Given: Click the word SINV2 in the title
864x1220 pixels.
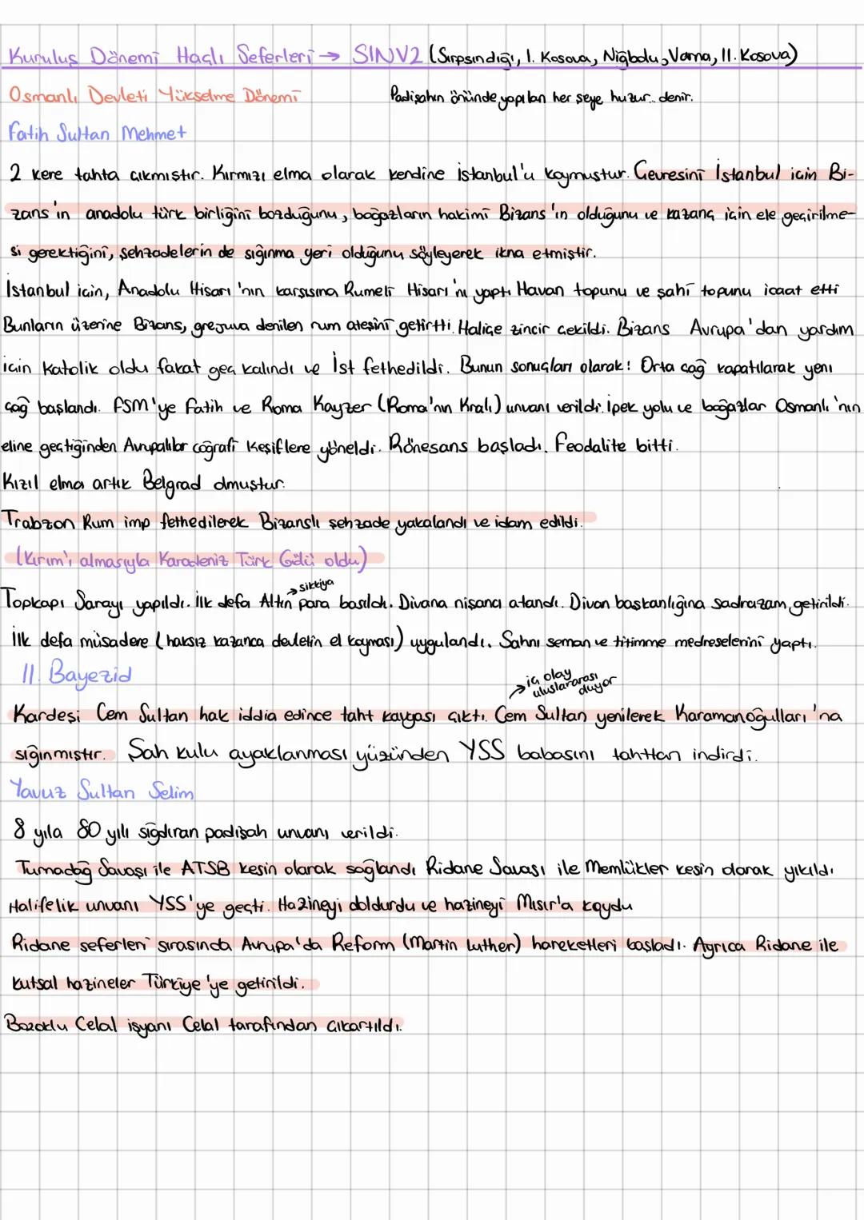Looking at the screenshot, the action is [x=386, y=55].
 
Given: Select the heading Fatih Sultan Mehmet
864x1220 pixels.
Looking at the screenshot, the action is [x=97, y=133].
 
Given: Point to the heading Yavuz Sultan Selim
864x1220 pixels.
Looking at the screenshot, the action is [x=102, y=791].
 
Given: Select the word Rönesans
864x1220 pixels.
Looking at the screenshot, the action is [x=429, y=445].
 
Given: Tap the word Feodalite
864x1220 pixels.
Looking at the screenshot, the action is [x=590, y=445].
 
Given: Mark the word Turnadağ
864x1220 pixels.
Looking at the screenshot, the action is [x=54, y=868].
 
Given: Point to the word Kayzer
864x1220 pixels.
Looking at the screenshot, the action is [x=333, y=406].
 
